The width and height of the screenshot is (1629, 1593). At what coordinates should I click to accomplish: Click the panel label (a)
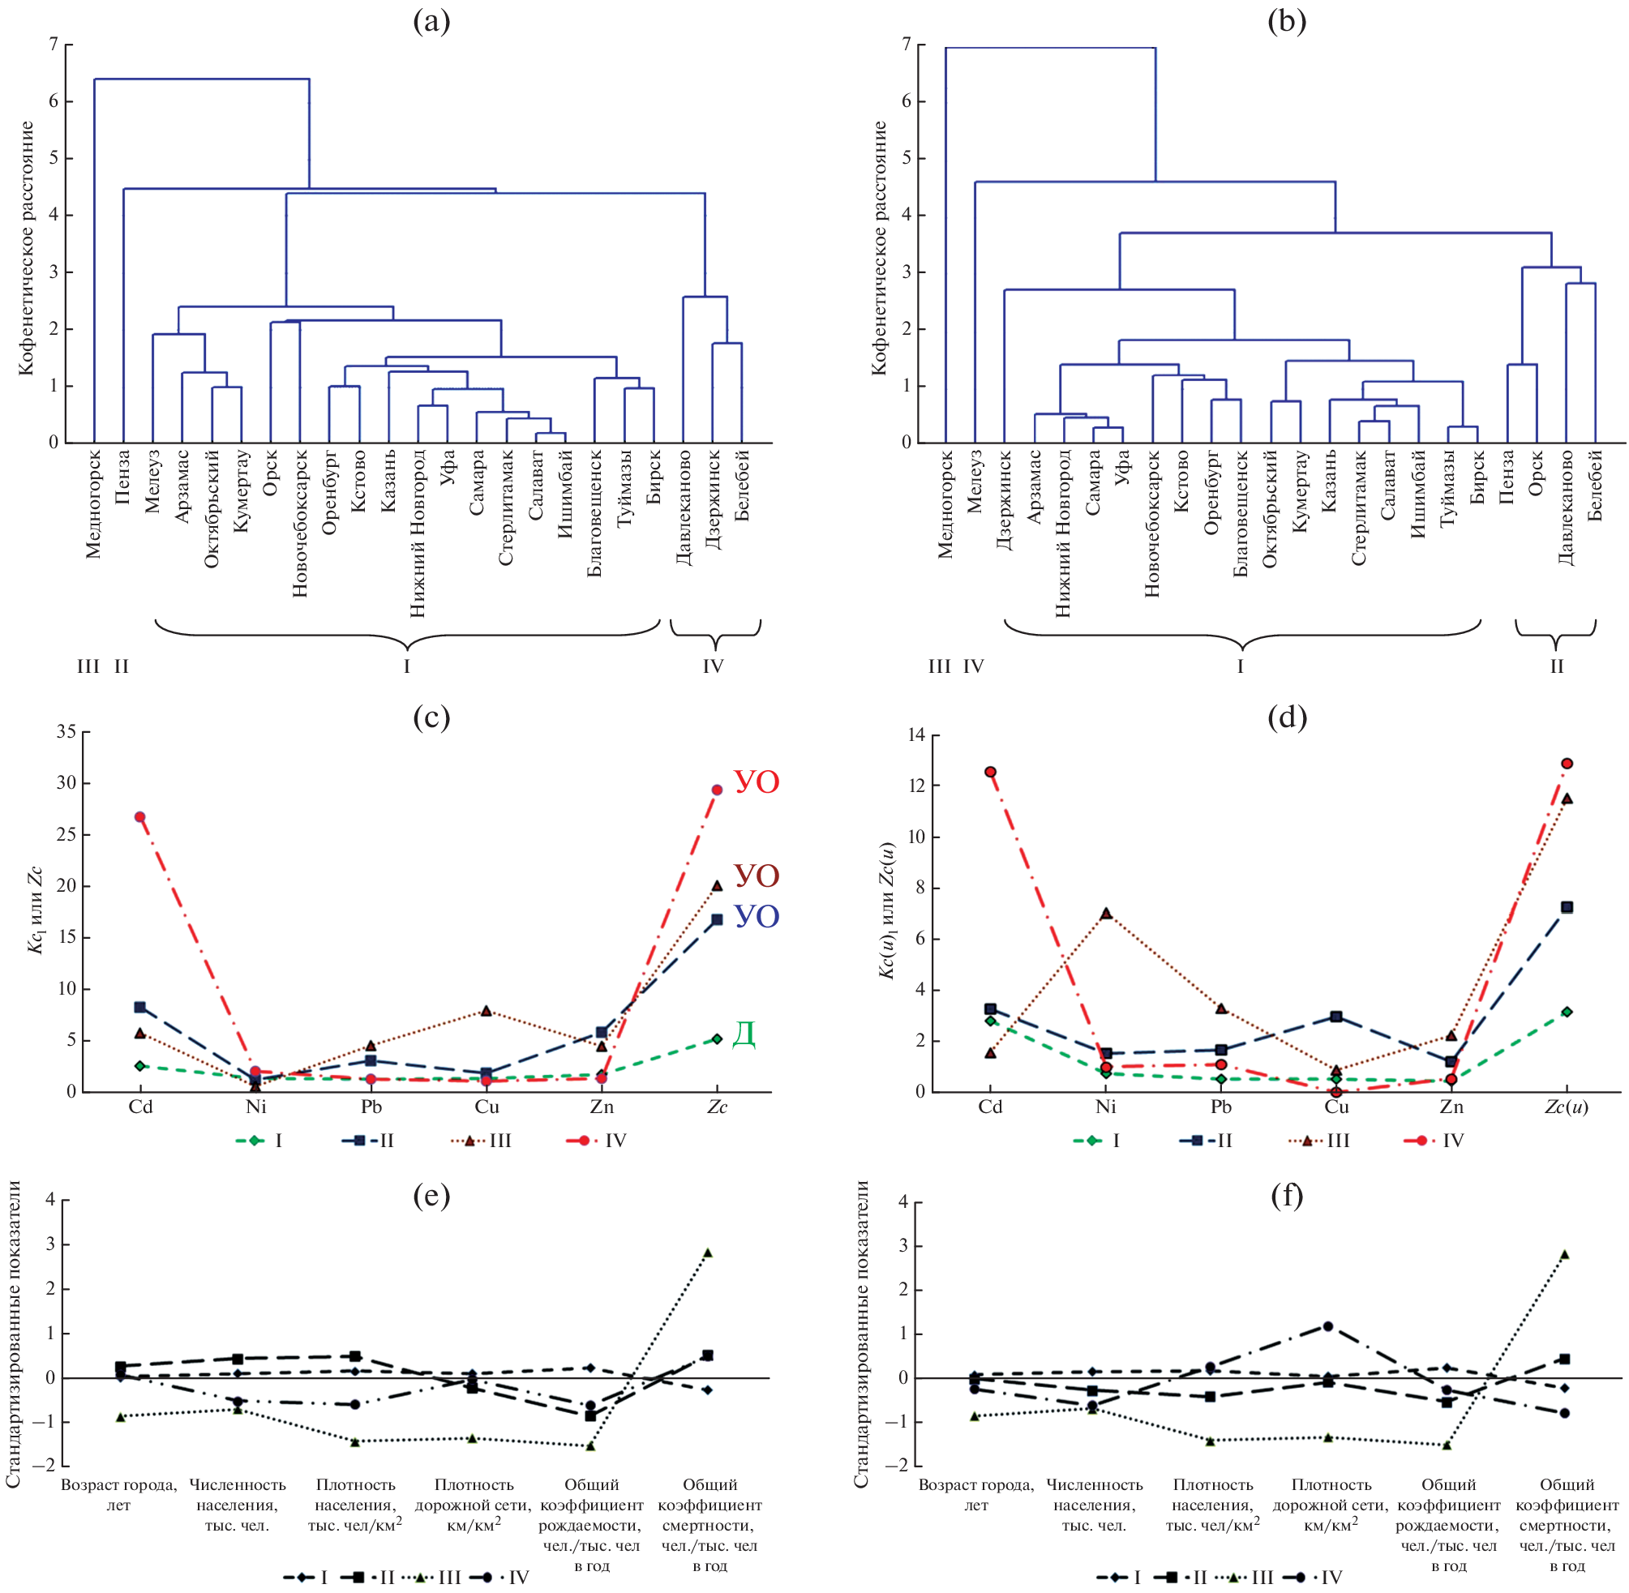point(431,22)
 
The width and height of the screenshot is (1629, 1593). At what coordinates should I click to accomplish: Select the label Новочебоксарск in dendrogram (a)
point(299,523)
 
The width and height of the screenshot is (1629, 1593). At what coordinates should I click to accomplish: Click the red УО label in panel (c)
point(757,782)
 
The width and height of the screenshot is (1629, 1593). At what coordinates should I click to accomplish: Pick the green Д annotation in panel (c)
point(744,1034)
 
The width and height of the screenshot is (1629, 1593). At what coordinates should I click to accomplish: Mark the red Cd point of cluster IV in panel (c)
point(139,816)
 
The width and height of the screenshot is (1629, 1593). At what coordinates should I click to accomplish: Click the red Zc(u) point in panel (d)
point(1567,763)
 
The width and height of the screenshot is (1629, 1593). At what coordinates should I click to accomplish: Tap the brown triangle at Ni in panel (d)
point(1106,913)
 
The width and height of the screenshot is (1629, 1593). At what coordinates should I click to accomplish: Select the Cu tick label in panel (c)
point(487,1107)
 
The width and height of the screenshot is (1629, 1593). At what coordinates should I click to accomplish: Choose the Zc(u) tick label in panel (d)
point(1567,1107)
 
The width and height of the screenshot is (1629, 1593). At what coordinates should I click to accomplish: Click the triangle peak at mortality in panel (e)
point(708,1253)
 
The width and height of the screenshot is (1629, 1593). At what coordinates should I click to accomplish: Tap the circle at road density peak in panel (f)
point(1328,1326)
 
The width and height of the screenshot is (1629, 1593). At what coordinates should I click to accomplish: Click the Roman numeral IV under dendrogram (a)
point(713,666)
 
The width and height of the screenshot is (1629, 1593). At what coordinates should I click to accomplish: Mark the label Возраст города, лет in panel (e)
point(119,1494)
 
